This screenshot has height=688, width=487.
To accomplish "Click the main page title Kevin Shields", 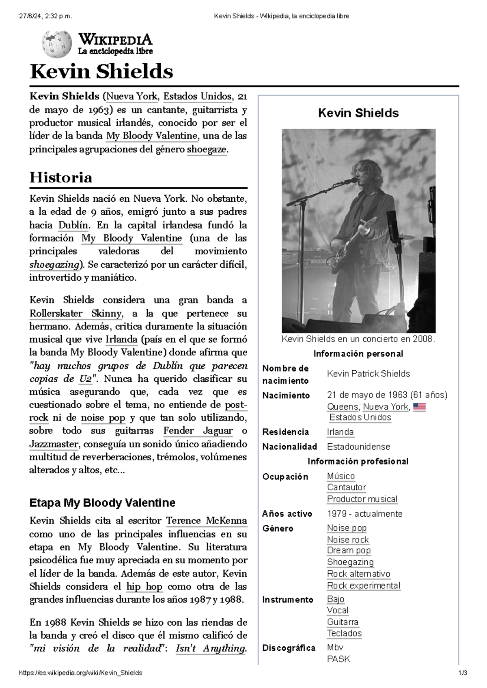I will [x=101, y=72].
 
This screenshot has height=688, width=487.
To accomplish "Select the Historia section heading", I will [x=61, y=177].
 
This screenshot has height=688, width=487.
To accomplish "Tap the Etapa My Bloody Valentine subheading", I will [x=102, y=503].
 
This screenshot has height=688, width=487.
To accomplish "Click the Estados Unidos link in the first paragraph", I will [x=198, y=96].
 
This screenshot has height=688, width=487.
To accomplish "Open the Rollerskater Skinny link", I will [x=75, y=313].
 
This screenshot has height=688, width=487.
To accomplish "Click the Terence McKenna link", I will [x=207, y=521].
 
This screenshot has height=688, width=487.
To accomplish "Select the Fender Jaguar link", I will [x=198, y=431].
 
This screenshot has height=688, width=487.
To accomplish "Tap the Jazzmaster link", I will [x=54, y=444].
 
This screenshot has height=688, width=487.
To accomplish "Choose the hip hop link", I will [x=144, y=586].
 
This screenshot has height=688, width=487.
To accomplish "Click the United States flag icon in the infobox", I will [x=419, y=407].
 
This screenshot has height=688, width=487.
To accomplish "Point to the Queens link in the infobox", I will [x=343, y=407].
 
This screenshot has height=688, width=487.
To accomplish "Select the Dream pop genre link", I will [x=349, y=550].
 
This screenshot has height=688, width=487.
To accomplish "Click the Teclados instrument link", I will [x=344, y=633].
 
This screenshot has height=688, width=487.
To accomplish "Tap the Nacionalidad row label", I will [x=289, y=447].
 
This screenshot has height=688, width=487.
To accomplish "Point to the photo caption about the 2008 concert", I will [x=358, y=339].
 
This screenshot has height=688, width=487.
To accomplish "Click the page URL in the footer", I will [x=81, y=673].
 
